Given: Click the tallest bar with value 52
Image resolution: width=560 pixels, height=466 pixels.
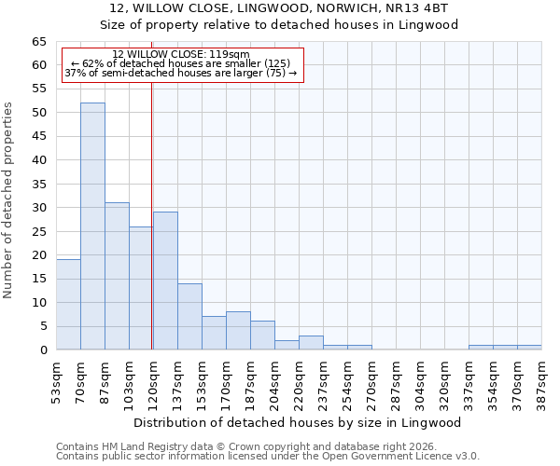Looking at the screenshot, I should (x=92, y=226).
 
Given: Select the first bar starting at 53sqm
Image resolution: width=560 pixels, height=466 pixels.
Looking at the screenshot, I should (x=68, y=305).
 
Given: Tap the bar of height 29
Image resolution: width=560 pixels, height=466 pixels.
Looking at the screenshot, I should (x=165, y=281).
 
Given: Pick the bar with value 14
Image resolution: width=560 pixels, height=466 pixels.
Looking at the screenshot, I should (x=189, y=317).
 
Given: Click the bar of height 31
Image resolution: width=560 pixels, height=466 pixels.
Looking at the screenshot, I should (x=117, y=276).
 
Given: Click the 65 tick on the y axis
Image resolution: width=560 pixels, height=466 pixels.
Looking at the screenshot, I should (x=39, y=42).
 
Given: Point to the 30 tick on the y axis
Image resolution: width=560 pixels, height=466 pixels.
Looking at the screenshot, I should (x=39, y=208).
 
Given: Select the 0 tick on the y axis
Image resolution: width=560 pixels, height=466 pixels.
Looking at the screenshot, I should (x=43, y=350).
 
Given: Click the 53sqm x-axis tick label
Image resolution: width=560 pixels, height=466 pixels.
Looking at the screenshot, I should (x=57, y=380).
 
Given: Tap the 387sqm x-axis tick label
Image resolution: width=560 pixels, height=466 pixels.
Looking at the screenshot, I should (x=542, y=380).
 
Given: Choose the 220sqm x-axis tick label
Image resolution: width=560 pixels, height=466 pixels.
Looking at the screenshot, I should (x=300, y=380).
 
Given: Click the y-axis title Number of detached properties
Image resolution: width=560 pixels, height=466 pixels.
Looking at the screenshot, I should (x=9, y=200).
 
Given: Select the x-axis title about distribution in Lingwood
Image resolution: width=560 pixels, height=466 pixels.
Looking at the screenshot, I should (x=299, y=422).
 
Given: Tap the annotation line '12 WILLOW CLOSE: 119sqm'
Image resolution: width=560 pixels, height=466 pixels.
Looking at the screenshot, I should (x=181, y=54).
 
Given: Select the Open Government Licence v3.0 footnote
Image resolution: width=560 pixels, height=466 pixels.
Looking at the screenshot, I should (x=268, y=457).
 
